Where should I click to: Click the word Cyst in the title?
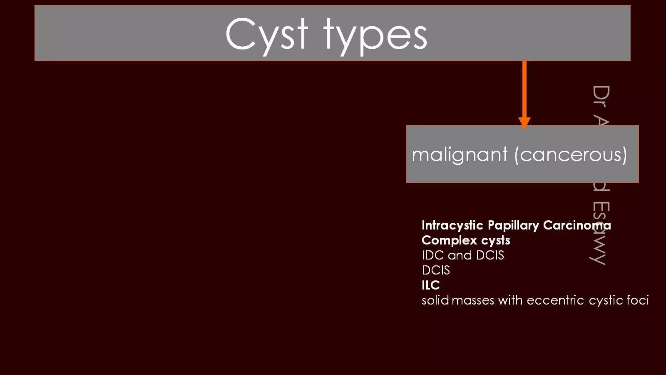click(x=266, y=35)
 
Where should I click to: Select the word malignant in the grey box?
click(x=460, y=155)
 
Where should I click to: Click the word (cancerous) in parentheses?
click(x=571, y=155)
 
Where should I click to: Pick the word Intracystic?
click(x=452, y=225)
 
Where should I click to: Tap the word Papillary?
click(x=513, y=225)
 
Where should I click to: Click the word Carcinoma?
click(x=577, y=225)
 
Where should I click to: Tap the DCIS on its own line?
click(x=436, y=271)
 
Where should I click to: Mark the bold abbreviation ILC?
click(x=431, y=285)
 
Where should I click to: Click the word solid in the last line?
click(x=435, y=300)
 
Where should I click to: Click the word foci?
click(x=638, y=300)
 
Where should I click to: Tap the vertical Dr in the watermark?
click(x=601, y=96)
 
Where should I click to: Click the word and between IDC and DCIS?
click(x=460, y=256)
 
